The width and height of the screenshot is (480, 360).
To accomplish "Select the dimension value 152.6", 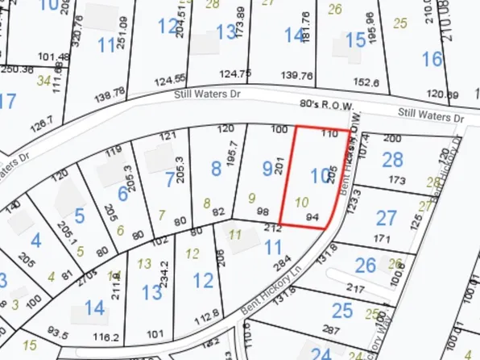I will (365, 82).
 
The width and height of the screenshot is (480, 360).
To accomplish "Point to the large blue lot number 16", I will (432, 59).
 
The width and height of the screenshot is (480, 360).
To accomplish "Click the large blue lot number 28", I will (392, 160).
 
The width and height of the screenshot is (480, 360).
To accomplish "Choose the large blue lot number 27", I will (387, 218).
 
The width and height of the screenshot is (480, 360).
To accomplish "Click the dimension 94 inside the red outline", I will (312, 216).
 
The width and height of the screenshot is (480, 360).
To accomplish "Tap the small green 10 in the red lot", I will (302, 201).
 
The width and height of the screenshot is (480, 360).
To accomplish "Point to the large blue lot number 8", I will (215, 169).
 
